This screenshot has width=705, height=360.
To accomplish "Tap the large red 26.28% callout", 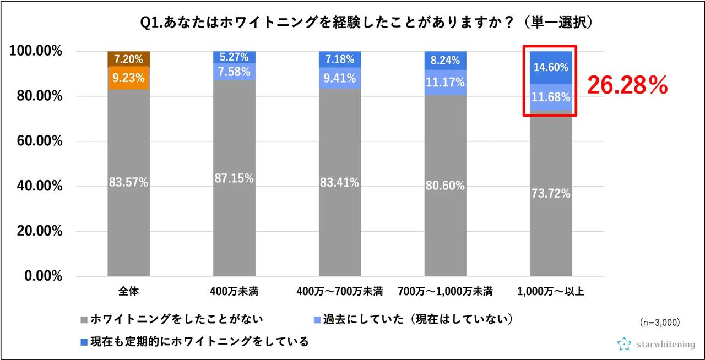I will tap(627, 85).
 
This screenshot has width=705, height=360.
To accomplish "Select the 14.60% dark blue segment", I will tap(551, 68).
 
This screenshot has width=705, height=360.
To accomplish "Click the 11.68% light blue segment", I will tap(551, 97).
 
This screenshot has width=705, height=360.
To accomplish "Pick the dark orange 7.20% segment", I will tap(128, 58).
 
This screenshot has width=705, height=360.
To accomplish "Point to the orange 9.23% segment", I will tap(128, 78).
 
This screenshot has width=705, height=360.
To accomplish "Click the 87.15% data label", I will tap(234, 178).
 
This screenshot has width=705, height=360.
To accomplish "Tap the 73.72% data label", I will tap(551, 193).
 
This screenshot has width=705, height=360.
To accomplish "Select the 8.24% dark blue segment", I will tap(445, 61).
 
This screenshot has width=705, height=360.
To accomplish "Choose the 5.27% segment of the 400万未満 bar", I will tap(234, 57).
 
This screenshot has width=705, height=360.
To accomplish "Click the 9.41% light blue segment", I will tap(340, 78).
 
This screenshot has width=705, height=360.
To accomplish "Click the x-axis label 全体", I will tap(128, 292).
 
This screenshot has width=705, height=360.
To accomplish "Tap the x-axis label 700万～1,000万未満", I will tap(445, 292).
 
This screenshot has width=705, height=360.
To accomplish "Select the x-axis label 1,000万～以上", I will tap(551, 292).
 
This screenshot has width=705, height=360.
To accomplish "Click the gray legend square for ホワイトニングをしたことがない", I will tap(84, 319).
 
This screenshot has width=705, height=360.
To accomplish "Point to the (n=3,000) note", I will tap(660, 321).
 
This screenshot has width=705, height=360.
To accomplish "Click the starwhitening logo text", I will tap(665, 345).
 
